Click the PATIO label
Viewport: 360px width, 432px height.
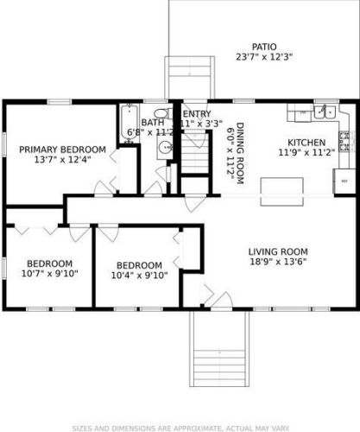[x=264, y=47]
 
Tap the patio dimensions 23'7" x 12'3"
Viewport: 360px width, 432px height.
[x=264, y=57]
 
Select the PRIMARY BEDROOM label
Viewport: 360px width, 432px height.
[x=62, y=149]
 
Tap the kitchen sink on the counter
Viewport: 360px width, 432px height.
[x=325, y=111]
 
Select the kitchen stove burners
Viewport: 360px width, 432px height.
[x=344, y=137]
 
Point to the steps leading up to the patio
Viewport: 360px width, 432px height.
[x=189, y=78]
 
